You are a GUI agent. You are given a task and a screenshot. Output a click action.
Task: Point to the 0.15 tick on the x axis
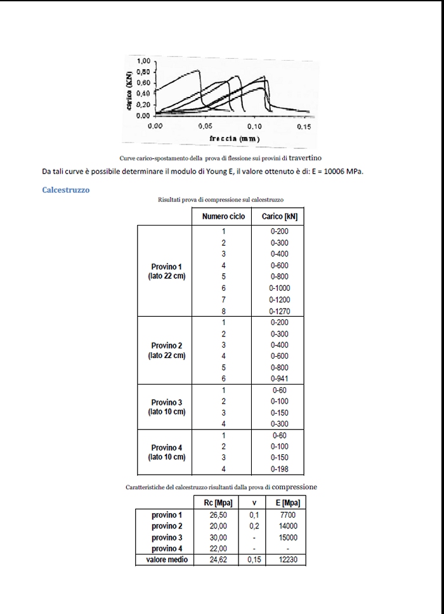[303, 126]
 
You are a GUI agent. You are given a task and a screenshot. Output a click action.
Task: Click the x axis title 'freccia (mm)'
[234, 138]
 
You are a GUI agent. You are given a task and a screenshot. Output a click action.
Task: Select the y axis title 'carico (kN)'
[129, 89]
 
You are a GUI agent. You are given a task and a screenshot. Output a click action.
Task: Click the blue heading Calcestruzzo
[65, 189]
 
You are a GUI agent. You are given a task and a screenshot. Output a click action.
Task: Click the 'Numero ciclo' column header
[223, 217]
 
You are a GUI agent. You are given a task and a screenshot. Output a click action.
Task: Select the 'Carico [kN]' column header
[280, 217]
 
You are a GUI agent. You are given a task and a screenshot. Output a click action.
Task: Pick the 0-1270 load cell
[280, 311]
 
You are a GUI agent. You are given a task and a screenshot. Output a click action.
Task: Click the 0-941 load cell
[280, 379]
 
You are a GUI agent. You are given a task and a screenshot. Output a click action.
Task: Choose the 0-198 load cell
[280, 469]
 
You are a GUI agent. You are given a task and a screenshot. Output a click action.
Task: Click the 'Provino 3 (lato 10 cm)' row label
[167, 407]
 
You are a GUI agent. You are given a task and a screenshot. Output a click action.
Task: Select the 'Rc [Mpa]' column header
[218, 503]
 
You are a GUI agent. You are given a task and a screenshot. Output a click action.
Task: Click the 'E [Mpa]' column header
[287, 503]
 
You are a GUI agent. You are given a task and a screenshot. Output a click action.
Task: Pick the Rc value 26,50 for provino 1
[218, 515]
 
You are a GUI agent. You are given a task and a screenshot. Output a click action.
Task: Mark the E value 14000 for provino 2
[287, 526]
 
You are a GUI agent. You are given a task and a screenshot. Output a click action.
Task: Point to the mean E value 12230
[287, 560]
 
